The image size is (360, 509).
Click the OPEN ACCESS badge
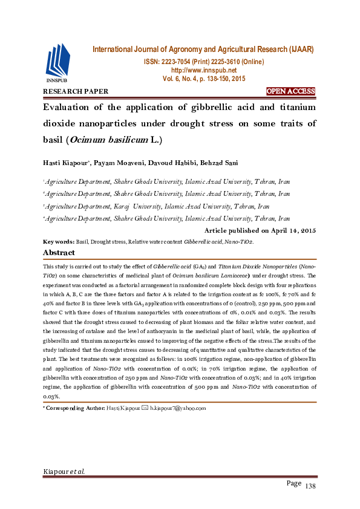[x=291, y=92]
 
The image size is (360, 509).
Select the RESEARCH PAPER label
[x=76, y=92]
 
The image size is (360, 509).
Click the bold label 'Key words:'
[x=59, y=241]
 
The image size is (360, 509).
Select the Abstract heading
[x=59, y=253]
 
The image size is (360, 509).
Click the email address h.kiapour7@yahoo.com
[x=178, y=408]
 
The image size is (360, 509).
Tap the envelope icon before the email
[x=145, y=408]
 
